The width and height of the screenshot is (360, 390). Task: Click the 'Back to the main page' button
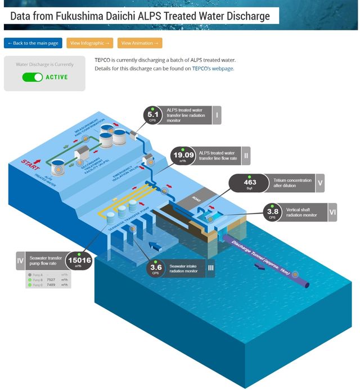tap(33, 43)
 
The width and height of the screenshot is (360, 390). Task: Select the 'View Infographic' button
tap(89, 43)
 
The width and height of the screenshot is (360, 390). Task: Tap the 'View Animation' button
tap(139, 43)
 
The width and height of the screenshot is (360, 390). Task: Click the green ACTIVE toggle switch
tap(33, 77)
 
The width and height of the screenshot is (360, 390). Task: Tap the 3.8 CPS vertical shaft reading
tap(272, 212)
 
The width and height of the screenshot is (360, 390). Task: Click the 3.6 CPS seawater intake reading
tap(156, 268)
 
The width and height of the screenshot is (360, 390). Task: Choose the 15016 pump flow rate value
tap(79, 261)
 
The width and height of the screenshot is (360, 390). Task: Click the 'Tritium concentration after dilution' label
tap(292, 183)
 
